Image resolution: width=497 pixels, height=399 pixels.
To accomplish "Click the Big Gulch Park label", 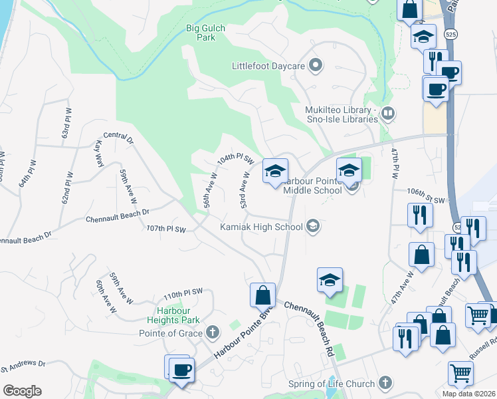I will click(x=205, y=33).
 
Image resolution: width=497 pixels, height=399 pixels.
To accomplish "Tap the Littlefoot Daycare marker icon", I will click(x=316, y=66).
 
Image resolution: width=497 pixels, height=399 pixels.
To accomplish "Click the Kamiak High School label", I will click(x=261, y=227).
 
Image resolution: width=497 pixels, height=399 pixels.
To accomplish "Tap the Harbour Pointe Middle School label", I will click(x=312, y=186).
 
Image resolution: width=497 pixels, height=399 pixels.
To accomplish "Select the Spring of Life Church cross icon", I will click(x=385, y=383).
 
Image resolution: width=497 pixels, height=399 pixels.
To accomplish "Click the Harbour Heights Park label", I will click(x=173, y=316).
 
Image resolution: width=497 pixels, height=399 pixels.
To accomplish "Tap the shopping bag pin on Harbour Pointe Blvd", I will click(x=263, y=295).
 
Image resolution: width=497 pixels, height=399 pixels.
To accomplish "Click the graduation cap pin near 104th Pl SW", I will click(x=275, y=171).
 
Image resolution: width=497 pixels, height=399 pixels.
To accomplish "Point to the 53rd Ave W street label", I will click(x=245, y=191).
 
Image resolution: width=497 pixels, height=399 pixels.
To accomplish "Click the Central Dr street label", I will click(x=118, y=138).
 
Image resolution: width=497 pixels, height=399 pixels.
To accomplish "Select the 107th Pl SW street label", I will click(x=165, y=229).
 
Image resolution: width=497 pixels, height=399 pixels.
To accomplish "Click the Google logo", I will click(x=21, y=391).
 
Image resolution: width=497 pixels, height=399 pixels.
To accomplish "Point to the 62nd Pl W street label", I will click(x=66, y=190).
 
